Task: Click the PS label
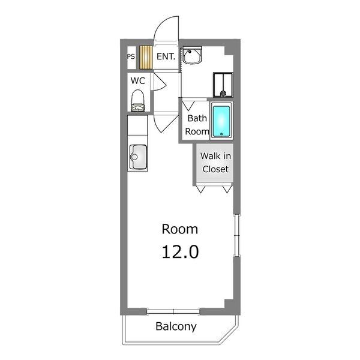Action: point(131,56)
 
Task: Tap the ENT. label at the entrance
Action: point(166,56)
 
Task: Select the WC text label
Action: point(138,81)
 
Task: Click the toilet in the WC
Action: point(138,101)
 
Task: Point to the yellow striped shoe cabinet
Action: point(146,58)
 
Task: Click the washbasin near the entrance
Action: point(192,55)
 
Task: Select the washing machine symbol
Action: point(223,85)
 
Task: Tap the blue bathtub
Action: point(221,121)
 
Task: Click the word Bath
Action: point(197,118)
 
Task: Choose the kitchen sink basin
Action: point(138,157)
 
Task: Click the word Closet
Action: point(215,169)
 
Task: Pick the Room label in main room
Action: point(180,229)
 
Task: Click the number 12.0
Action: point(180,252)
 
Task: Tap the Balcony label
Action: point(176,326)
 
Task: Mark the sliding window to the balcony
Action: point(173,311)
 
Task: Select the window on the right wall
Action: point(236,236)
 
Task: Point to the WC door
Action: point(158,82)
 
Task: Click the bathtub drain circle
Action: point(221,134)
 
